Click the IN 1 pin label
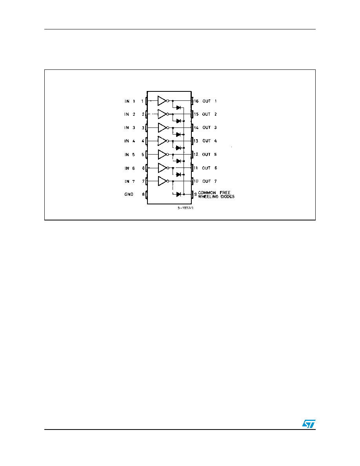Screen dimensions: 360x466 [130, 101]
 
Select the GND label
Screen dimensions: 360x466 [129, 195]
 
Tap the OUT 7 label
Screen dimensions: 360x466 [210, 181]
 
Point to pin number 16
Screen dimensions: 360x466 [196, 101]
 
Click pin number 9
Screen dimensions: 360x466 [195, 195]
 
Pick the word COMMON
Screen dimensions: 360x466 [207, 193]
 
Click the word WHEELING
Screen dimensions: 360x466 [208, 197]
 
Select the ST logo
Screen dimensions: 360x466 [309, 424]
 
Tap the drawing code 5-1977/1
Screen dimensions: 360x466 [185, 208]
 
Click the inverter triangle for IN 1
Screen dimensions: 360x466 [162, 101]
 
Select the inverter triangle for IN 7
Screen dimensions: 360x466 [163, 181]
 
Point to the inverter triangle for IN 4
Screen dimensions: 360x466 [162, 141]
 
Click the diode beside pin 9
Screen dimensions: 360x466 [178, 195]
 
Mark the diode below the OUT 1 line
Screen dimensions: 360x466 [178, 107]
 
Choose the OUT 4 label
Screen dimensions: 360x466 [210, 141]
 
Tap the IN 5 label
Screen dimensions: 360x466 [129, 155]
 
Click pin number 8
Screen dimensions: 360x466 [143, 195]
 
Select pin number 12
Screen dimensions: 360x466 [196, 155]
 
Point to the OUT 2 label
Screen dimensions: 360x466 [210, 114]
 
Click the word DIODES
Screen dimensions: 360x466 [227, 197]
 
